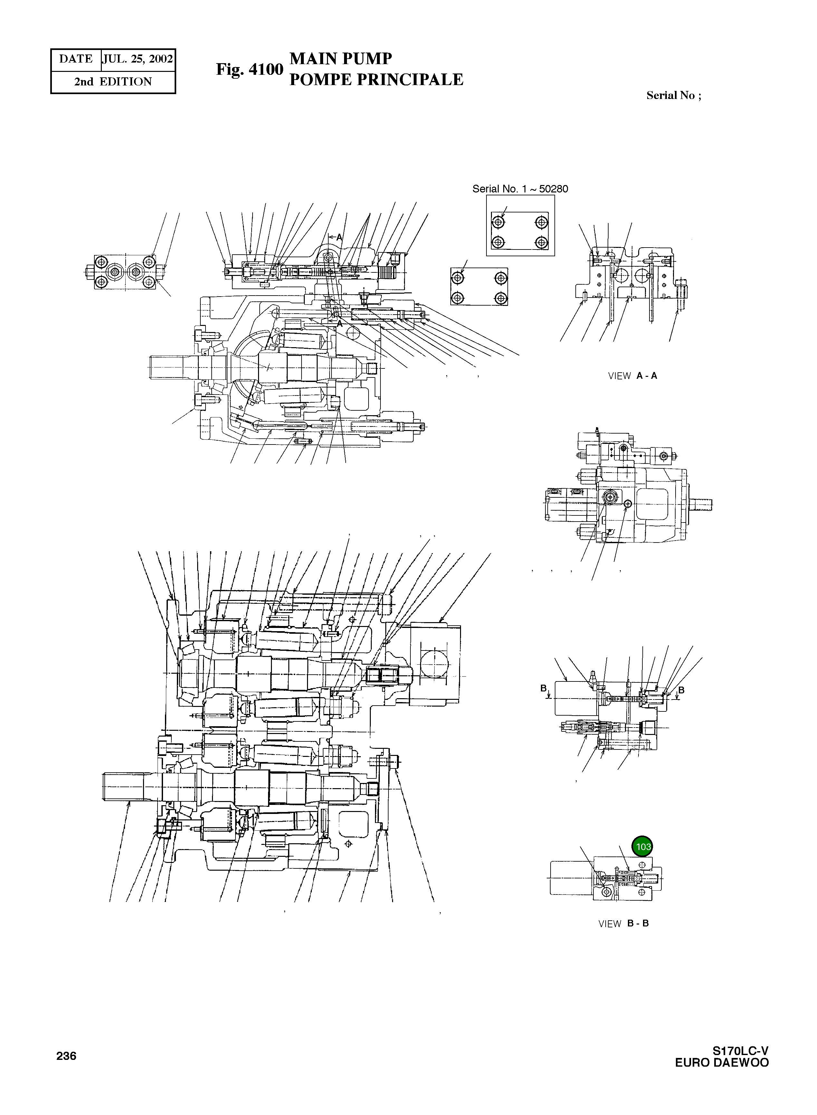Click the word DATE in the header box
pos(76,59)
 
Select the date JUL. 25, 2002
pos(138,59)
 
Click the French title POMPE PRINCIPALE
pos(376,79)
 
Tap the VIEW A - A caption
pos(632,376)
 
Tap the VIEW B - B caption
pos(623,924)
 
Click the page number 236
pos(66,1056)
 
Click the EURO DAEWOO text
pos(722,1062)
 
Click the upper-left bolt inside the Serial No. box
pos(498,222)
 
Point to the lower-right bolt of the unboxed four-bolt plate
pos(501,298)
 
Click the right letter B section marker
pos(681,690)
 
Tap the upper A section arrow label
pos(339,237)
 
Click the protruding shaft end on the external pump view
pos(703,504)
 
